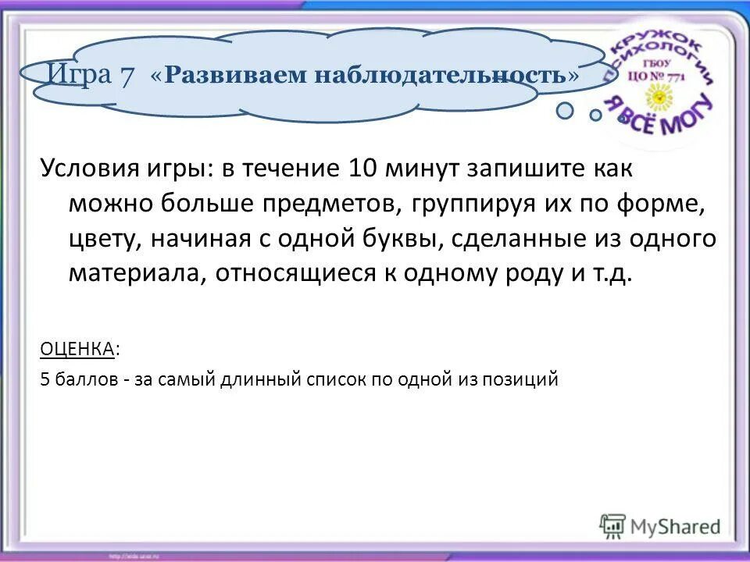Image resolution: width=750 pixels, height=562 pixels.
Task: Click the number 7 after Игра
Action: pyautogui.click(x=126, y=75)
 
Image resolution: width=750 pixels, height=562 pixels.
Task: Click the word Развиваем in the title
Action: pyautogui.click(x=230, y=75)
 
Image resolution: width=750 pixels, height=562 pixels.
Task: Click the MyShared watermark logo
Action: pyautogui.click(x=660, y=525)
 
